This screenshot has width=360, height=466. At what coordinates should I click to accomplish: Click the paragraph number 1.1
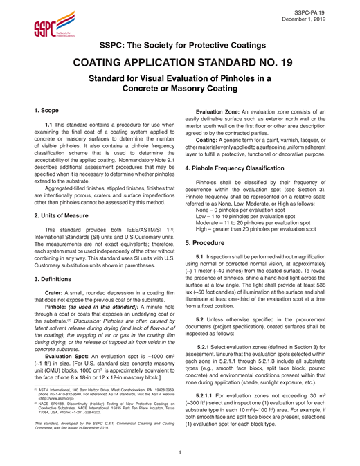[x=49, y=125]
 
